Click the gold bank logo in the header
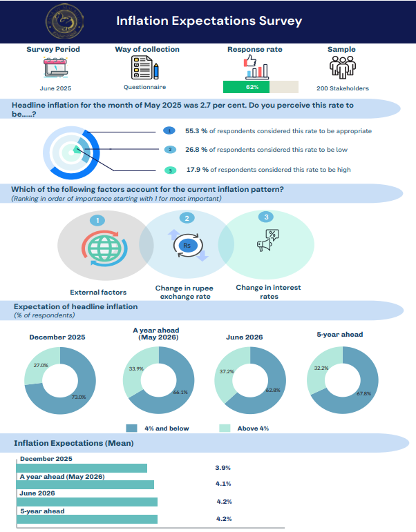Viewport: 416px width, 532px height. pyautogui.click(x=64, y=21)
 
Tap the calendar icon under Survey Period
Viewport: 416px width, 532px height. pyautogui.click(x=56, y=68)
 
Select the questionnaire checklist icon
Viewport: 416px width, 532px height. pyautogui.click(x=145, y=67)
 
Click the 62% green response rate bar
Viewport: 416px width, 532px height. pyautogui.click(x=246, y=87)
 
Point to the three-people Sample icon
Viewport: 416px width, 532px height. pyautogui.click(x=342, y=67)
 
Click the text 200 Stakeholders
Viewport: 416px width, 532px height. pyautogui.click(x=343, y=88)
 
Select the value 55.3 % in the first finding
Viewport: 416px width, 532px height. pyautogui.click(x=196, y=131)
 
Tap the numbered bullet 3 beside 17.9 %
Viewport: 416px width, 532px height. pyautogui.click(x=170, y=170)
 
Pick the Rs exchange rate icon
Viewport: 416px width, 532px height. pyautogui.click(x=188, y=246)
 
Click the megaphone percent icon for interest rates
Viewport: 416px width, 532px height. pyautogui.click(x=268, y=241)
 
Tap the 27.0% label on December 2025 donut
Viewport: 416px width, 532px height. pyautogui.click(x=41, y=366)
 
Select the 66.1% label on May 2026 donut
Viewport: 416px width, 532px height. pyautogui.click(x=180, y=392)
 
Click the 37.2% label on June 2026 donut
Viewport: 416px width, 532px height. pyautogui.click(x=227, y=371)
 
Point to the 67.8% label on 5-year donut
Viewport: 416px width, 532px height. pyautogui.click(x=363, y=393)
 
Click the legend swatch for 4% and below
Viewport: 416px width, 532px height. pyautogui.click(x=131, y=428)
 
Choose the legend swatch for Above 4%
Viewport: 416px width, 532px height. pyautogui.click(x=225, y=428)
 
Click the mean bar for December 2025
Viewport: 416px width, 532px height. pyautogui.click(x=82, y=469)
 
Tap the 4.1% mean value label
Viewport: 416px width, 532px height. pyautogui.click(x=223, y=484)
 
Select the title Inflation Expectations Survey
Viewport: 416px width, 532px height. pyautogui.click(x=209, y=21)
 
